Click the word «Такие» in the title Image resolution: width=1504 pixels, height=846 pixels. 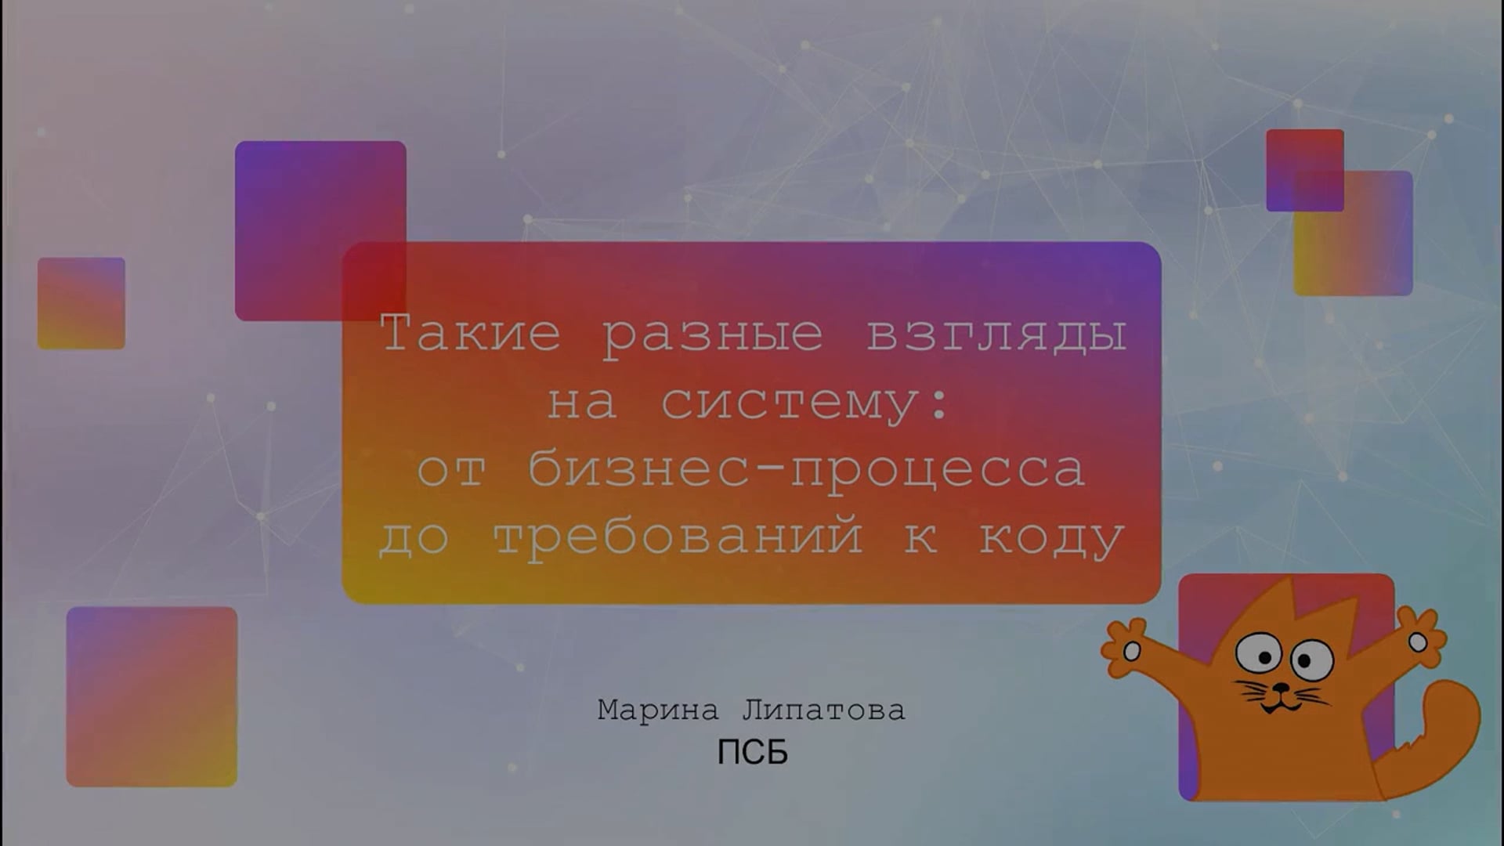471,333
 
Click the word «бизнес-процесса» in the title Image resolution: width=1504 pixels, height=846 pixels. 806,468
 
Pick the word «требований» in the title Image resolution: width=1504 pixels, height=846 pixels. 678,537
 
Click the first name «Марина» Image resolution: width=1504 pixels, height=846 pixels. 658,710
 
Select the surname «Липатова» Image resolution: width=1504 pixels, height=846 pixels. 823,710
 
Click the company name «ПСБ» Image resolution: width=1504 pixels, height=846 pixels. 752,753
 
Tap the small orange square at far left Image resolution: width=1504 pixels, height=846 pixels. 81,303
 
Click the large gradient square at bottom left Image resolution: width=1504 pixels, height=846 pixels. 152,696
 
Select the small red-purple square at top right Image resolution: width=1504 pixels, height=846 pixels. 1305,170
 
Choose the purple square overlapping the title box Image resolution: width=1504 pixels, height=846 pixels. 320,230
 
